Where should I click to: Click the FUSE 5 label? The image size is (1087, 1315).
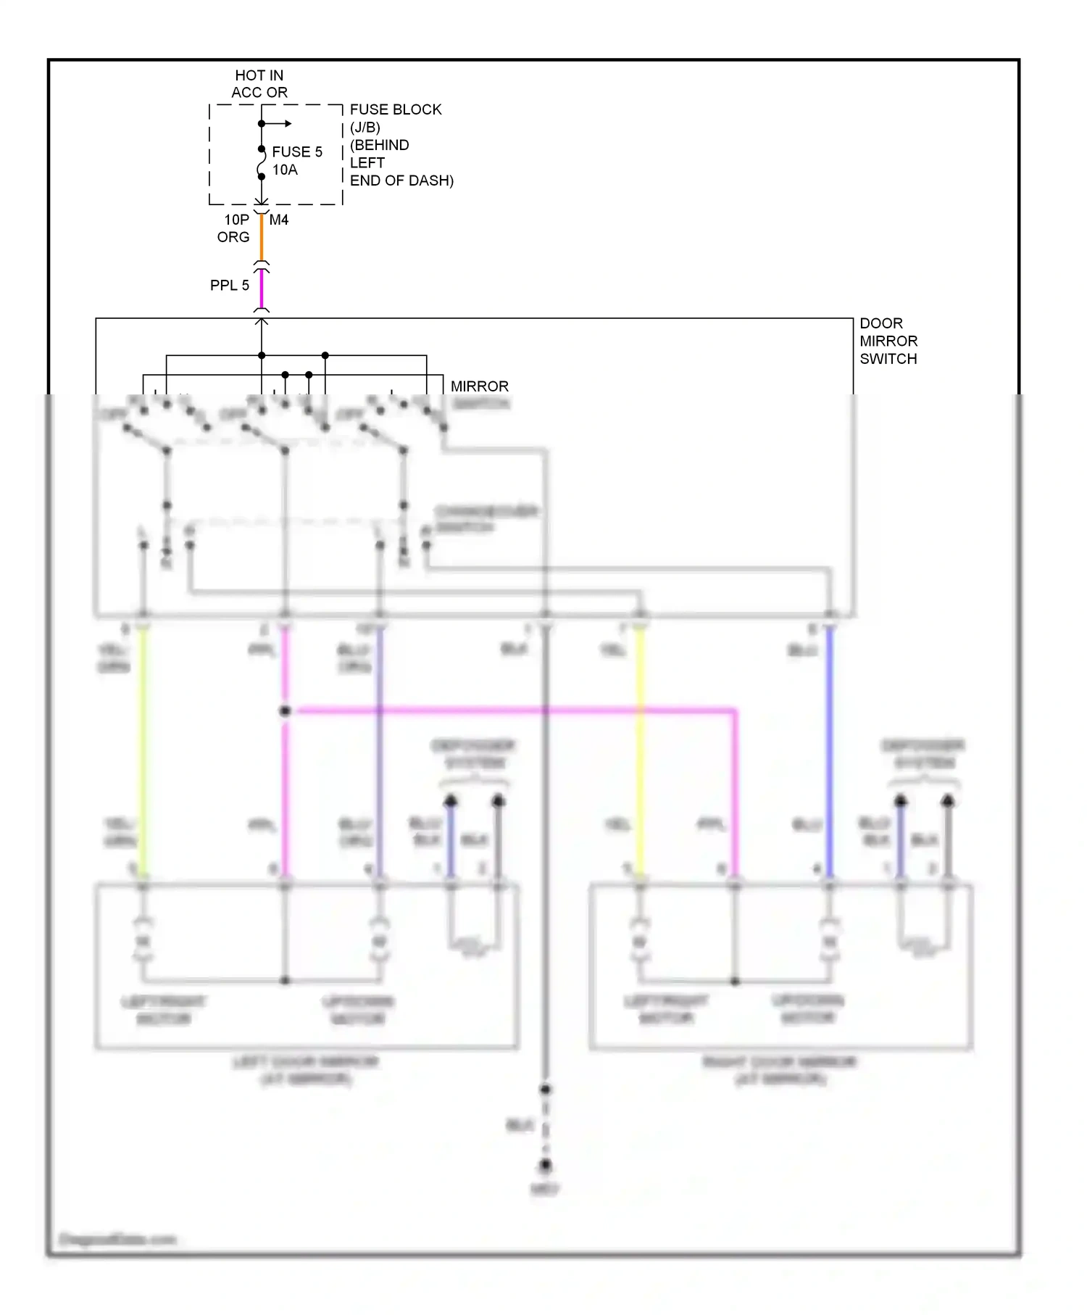tap(296, 152)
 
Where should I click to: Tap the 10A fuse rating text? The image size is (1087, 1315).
tap(285, 170)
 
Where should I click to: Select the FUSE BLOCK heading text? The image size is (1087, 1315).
tap(395, 110)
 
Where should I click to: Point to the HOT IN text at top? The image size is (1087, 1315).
tap(259, 75)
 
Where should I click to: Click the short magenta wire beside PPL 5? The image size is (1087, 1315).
tap(262, 289)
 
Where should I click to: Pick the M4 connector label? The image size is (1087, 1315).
tap(279, 220)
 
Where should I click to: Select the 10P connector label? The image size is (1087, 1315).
tap(236, 220)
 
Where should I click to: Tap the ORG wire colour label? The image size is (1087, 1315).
tap(233, 238)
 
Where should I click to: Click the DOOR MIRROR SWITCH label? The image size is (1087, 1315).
tap(888, 341)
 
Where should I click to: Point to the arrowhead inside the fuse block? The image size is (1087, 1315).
tap(288, 124)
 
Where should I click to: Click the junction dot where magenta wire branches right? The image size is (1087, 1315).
tap(285, 711)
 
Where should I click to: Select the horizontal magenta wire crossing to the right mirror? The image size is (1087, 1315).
tap(507, 711)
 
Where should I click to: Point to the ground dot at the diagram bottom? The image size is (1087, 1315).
tap(545, 1165)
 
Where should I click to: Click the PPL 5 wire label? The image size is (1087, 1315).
tap(229, 286)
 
